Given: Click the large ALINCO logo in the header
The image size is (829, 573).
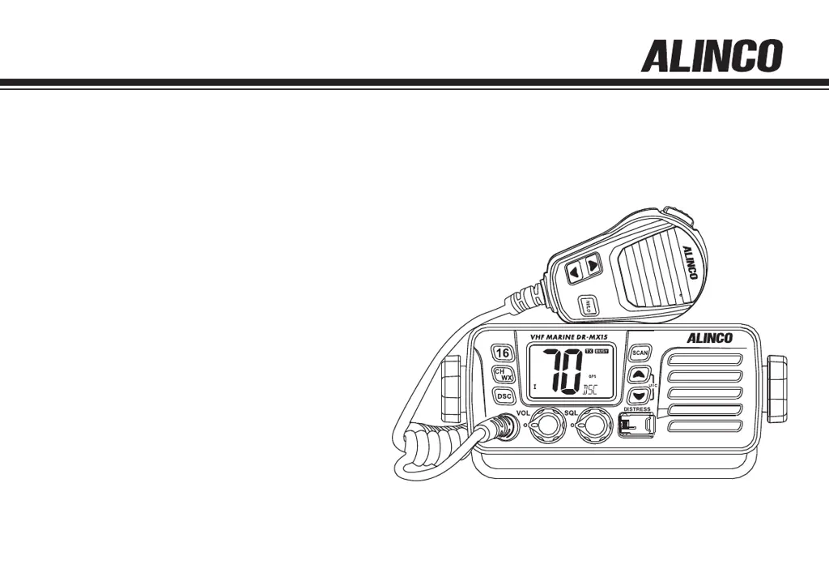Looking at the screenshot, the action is coord(712,58).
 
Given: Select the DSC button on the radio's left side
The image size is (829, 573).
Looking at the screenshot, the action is coord(504,396).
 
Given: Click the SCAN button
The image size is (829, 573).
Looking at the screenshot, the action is coord(640,353).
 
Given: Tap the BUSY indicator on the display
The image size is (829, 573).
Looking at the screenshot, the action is coord(602,351).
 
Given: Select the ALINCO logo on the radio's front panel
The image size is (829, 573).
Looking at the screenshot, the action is coord(709,339).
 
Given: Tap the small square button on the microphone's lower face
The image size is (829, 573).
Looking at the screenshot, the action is coord(589,306).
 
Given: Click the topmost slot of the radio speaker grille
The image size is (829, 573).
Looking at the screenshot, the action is coord(704,359).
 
